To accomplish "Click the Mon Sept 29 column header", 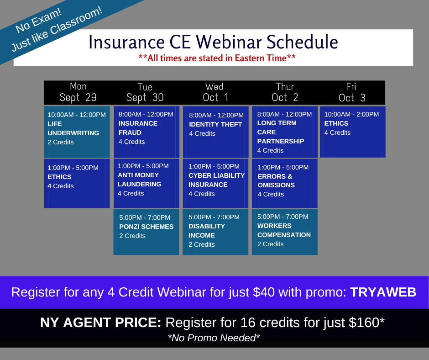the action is click(x=78, y=92).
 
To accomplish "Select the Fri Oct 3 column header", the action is click(x=352, y=92).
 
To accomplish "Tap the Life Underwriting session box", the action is click(x=77, y=132).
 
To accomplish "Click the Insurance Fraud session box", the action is click(x=146, y=132).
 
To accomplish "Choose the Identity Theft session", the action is click(x=215, y=132).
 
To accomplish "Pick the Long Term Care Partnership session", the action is click(x=284, y=132).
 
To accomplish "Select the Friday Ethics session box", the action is click(x=353, y=132).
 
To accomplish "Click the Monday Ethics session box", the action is click(x=77, y=183).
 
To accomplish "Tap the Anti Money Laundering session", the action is click(x=146, y=183).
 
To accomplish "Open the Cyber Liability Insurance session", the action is click(x=215, y=183).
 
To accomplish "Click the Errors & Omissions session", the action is click(x=284, y=183).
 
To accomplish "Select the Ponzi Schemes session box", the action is click(x=146, y=232).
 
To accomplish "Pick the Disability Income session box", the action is click(x=215, y=232).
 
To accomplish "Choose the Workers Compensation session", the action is click(x=284, y=232).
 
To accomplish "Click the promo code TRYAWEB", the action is click(x=383, y=292).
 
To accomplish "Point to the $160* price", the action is click(x=366, y=322).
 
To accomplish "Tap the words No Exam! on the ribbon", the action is click(x=39, y=21).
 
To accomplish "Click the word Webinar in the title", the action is click(x=229, y=42).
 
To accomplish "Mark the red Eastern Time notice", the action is click(x=217, y=58).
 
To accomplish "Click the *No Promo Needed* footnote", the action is click(x=214, y=338).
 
